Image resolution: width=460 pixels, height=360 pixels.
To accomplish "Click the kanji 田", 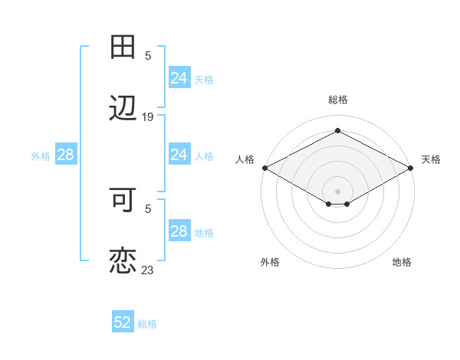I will pyautogui.click(x=123, y=47).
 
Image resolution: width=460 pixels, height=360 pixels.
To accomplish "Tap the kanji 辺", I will pyautogui.click(x=123, y=110).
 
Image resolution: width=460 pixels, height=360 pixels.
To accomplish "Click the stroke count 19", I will pyautogui.click(x=148, y=117).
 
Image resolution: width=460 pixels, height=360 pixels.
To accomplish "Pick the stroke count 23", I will pyautogui.click(x=148, y=270).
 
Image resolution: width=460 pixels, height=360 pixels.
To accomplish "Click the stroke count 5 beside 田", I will pyautogui.click(x=148, y=55).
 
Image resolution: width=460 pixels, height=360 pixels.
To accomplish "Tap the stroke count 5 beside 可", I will pyautogui.click(x=148, y=208).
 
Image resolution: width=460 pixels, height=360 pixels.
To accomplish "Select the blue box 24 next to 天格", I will pyautogui.click(x=179, y=78).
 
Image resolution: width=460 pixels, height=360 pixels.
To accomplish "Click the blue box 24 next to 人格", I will pyautogui.click(x=179, y=155).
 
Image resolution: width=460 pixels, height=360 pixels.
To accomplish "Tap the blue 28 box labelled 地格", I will pyautogui.click(x=179, y=231).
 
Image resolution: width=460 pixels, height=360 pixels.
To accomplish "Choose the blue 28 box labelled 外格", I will pyautogui.click(x=66, y=155).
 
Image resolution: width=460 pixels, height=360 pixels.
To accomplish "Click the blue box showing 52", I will pyautogui.click(x=123, y=322).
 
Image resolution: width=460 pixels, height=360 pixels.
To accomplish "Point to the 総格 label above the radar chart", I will pyautogui.click(x=337, y=100).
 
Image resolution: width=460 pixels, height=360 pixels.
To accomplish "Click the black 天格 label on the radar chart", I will pyautogui.click(x=431, y=159).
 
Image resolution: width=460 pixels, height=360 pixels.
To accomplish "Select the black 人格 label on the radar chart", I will pyautogui.click(x=245, y=159).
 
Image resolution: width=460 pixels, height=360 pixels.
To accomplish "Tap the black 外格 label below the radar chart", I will pyautogui.click(x=270, y=262).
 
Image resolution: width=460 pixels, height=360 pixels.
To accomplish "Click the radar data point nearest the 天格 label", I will pyautogui.click(x=412, y=168).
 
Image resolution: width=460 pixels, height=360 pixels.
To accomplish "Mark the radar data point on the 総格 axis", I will pyautogui.click(x=337, y=131).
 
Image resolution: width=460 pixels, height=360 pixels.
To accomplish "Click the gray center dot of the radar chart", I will pyautogui.click(x=337, y=191).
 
